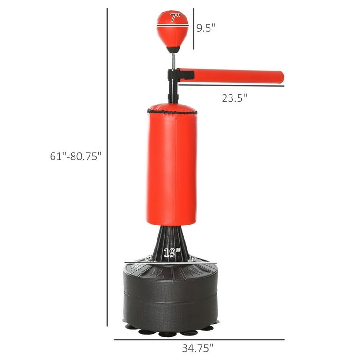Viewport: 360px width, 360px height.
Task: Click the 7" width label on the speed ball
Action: (x=175, y=18)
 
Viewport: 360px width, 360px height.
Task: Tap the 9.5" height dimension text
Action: (x=206, y=28)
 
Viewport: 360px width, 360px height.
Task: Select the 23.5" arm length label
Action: (x=234, y=98)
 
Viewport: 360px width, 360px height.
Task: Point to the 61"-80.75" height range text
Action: (x=76, y=156)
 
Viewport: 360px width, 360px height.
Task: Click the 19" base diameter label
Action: (x=172, y=253)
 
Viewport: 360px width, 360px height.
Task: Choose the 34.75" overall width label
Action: (x=198, y=348)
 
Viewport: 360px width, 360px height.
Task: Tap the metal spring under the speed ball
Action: (x=173, y=61)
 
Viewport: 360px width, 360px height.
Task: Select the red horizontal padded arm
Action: (x=231, y=76)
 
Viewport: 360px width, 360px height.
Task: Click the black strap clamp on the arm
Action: (x=181, y=75)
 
